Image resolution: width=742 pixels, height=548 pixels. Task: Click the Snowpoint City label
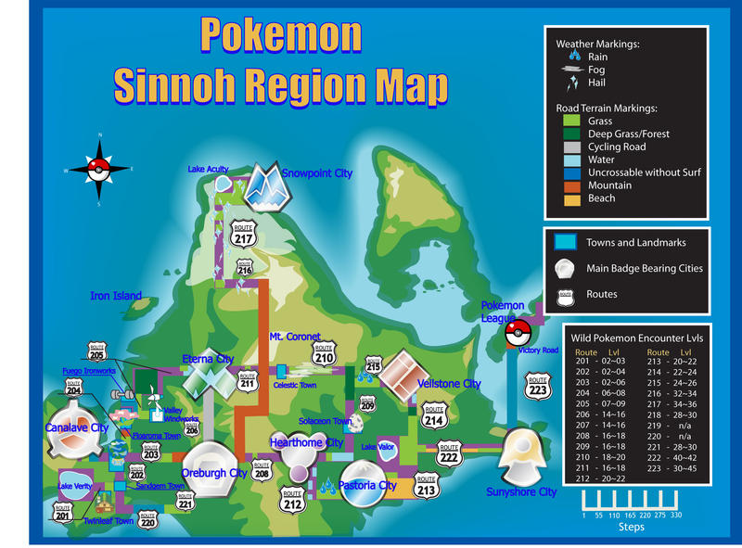[317, 173]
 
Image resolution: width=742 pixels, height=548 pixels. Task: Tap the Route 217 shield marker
[244, 234]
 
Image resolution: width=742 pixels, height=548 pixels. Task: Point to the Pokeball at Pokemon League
[516, 334]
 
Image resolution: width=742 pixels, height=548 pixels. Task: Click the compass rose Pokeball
[100, 170]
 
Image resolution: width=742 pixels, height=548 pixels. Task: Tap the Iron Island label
[115, 297]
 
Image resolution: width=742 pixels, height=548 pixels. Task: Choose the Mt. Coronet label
[295, 337]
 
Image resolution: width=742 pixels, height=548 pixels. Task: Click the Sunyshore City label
[521, 492]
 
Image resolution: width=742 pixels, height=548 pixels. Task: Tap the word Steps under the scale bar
[631, 527]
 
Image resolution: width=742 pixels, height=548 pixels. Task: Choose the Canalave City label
[77, 427]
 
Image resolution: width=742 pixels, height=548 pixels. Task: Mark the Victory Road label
[538, 350]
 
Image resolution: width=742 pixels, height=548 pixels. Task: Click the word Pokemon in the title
[281, 35]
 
